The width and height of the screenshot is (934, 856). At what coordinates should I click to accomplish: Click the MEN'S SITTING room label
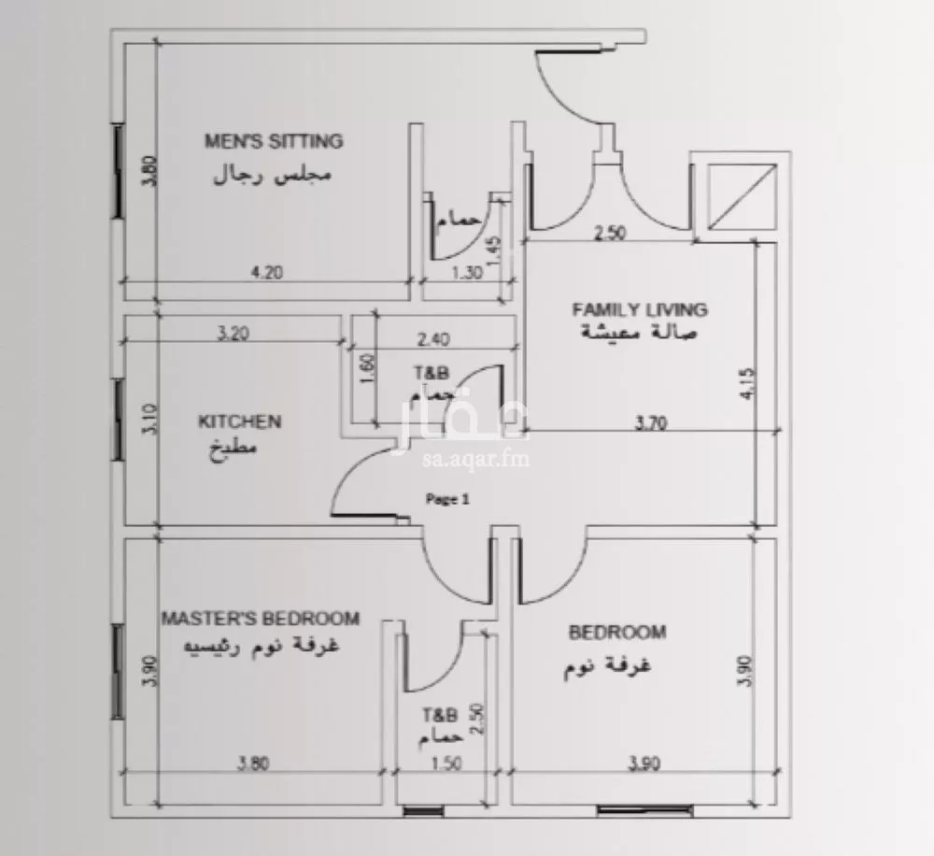tap(274, 141)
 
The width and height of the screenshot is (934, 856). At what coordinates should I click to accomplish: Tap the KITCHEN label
tap(239, 421)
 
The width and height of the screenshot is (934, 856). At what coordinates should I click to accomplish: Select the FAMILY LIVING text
tap(640, 309)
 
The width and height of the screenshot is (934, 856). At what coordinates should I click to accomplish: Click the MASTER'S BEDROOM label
tap(261, 618)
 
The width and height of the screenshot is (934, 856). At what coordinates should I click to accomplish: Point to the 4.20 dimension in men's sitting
tap(267, 273)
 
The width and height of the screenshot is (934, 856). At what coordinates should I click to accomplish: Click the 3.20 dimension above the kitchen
tap(233, 334)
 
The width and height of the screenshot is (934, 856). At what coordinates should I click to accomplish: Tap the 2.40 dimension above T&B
tap(433, 339)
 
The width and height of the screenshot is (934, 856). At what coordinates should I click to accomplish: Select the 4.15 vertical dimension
tap(748, 384)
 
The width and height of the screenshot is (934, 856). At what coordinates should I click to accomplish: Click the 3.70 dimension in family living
tap(651, 423)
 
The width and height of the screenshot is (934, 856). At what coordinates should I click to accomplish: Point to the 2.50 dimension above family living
tap(611, 233)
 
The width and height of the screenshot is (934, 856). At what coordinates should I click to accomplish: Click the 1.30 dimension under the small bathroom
tap(467, 273)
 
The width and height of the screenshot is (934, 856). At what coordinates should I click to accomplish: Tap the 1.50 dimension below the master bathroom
tap(446, 763)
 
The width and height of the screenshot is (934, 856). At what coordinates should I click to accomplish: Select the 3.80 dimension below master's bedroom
tap(254, 763)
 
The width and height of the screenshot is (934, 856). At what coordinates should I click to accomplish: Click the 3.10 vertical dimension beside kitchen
tap(150, 420)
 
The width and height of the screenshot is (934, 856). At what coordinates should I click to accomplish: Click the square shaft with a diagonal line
tap(743, 197)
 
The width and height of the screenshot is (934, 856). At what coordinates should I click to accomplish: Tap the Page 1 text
tap(447, 499)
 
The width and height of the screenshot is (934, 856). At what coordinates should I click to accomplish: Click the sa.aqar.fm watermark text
tap(476, 459)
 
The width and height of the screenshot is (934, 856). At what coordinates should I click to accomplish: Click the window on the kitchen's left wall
tap(119, 420)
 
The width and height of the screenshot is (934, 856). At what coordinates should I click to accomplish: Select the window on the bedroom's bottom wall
tap(645, 811)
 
